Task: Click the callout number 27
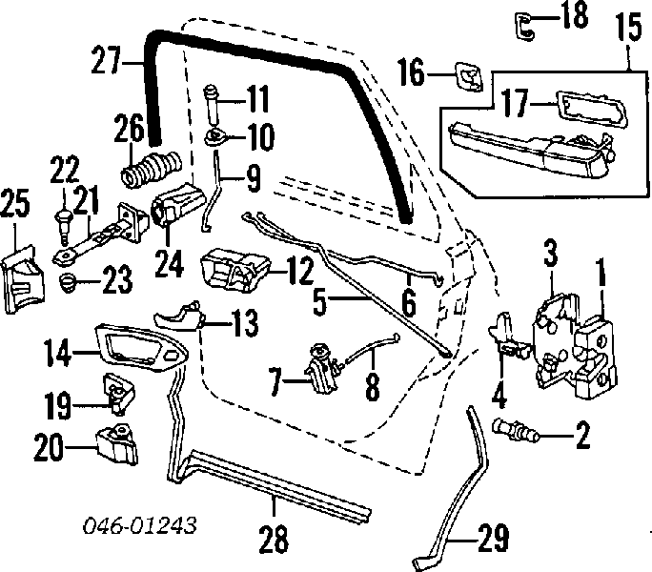coord(106,61)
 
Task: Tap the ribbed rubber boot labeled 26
coord(151,169)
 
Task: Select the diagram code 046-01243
coord(139,526)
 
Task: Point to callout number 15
coord(628,27)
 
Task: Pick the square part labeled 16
coord(469,77)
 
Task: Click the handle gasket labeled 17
coord(592,108)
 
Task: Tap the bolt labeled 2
coord(516,432)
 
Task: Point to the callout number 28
coord(274,538)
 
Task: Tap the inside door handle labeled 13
coord(179,317)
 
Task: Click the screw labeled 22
coord(64,228)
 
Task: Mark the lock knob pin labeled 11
coord(213,104)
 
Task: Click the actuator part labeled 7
coord(321,368)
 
